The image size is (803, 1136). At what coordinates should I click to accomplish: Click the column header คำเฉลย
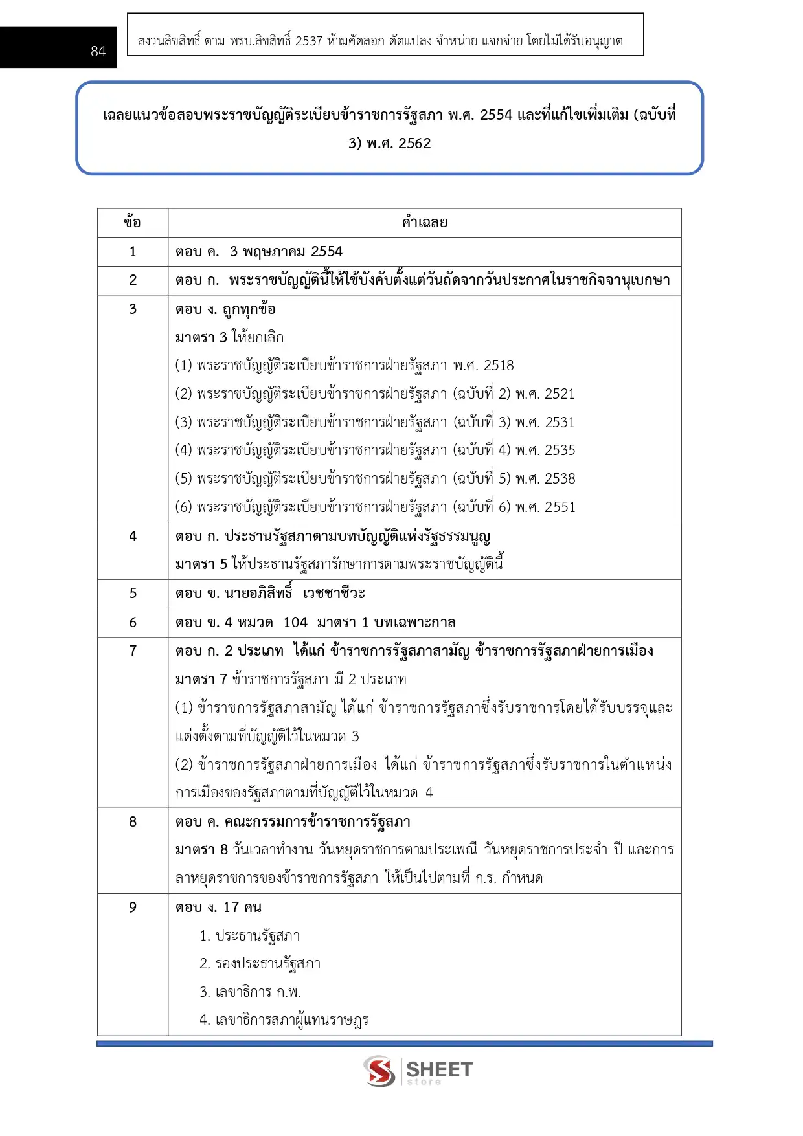coord(424,223)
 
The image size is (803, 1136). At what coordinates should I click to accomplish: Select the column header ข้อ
coord(133,223)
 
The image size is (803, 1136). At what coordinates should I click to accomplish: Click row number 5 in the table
coord(133,594)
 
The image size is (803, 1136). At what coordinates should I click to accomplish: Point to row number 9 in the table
coord(133,908)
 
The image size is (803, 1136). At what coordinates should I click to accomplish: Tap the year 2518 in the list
coord(499,366)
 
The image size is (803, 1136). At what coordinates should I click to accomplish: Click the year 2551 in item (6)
coord(560,507)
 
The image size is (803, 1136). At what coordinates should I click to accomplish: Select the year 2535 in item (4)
coord(560,451)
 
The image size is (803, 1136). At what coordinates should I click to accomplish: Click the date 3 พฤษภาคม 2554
coord(286,252)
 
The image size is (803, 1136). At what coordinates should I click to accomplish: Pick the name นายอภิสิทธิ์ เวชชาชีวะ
coord(295,594)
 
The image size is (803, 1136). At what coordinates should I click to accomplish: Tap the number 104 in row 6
coord(295,623)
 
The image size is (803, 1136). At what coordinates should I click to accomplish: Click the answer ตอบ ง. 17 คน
coord(218,908)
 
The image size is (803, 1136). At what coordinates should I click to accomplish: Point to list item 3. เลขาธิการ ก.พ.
coord(250,992)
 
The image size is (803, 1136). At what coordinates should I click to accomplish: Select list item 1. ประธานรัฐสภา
coord(249,936)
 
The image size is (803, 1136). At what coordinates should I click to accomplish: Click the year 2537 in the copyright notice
coord(309,41)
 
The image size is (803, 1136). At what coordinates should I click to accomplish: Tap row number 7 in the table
coord(133,651)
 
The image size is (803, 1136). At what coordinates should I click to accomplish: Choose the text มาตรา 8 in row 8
coord(201,850)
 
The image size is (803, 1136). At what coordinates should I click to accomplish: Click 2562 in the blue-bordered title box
coord(414,144)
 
